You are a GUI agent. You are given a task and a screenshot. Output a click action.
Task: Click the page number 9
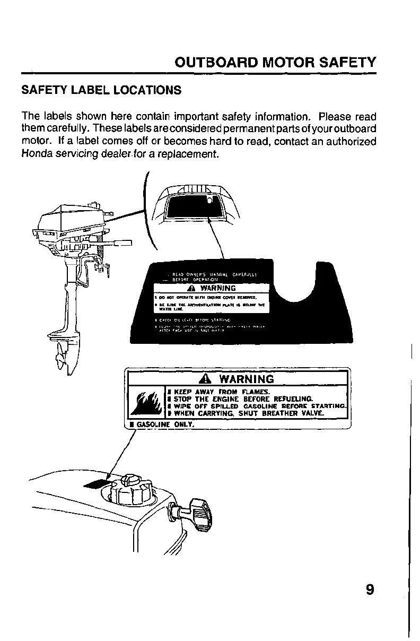[x=370, y=590]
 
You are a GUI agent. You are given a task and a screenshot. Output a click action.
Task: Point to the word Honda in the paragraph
[x=35, y=154]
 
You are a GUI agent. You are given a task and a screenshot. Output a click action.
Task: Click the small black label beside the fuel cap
[x=95, y=484]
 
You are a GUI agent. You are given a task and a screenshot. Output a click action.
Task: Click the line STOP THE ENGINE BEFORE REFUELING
[x=241, y=399]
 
